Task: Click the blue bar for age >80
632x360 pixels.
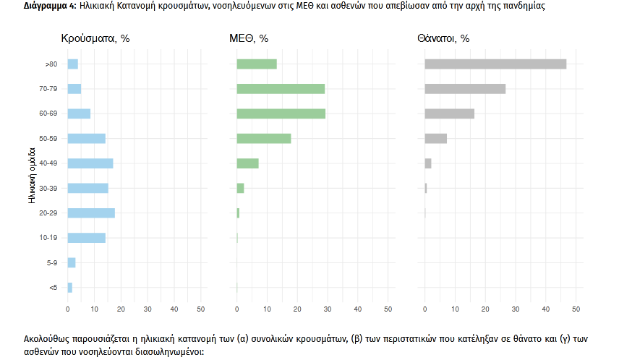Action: tap(72, 64)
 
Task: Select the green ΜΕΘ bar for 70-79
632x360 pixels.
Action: tap(281, 89)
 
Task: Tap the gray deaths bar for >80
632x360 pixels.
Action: tap(495, 64)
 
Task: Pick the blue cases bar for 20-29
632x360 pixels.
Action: tap(91, 213)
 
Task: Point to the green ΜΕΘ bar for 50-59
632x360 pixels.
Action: tap(264, 139)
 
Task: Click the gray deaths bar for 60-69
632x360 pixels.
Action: tap(449, 113)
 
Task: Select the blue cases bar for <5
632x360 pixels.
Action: tap(70, 288)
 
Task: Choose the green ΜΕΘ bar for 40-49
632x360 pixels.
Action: tap(248, 163)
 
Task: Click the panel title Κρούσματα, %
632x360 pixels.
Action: tap(95, 38)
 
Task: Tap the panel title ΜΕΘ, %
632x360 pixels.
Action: tap(249, 38)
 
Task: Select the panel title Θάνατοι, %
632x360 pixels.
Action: tap(443, 38)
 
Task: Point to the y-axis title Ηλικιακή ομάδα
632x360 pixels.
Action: tap(32, 176)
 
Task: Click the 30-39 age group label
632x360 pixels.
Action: tap(49, 188)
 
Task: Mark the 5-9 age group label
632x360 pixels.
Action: tap(51, 263)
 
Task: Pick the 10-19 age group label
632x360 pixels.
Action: tap(49, 238)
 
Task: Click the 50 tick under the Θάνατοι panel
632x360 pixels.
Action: tap(576, 310)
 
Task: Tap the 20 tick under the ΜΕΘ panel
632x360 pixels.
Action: tap(297, 310)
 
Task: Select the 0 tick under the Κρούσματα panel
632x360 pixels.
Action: tap(68, 310)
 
